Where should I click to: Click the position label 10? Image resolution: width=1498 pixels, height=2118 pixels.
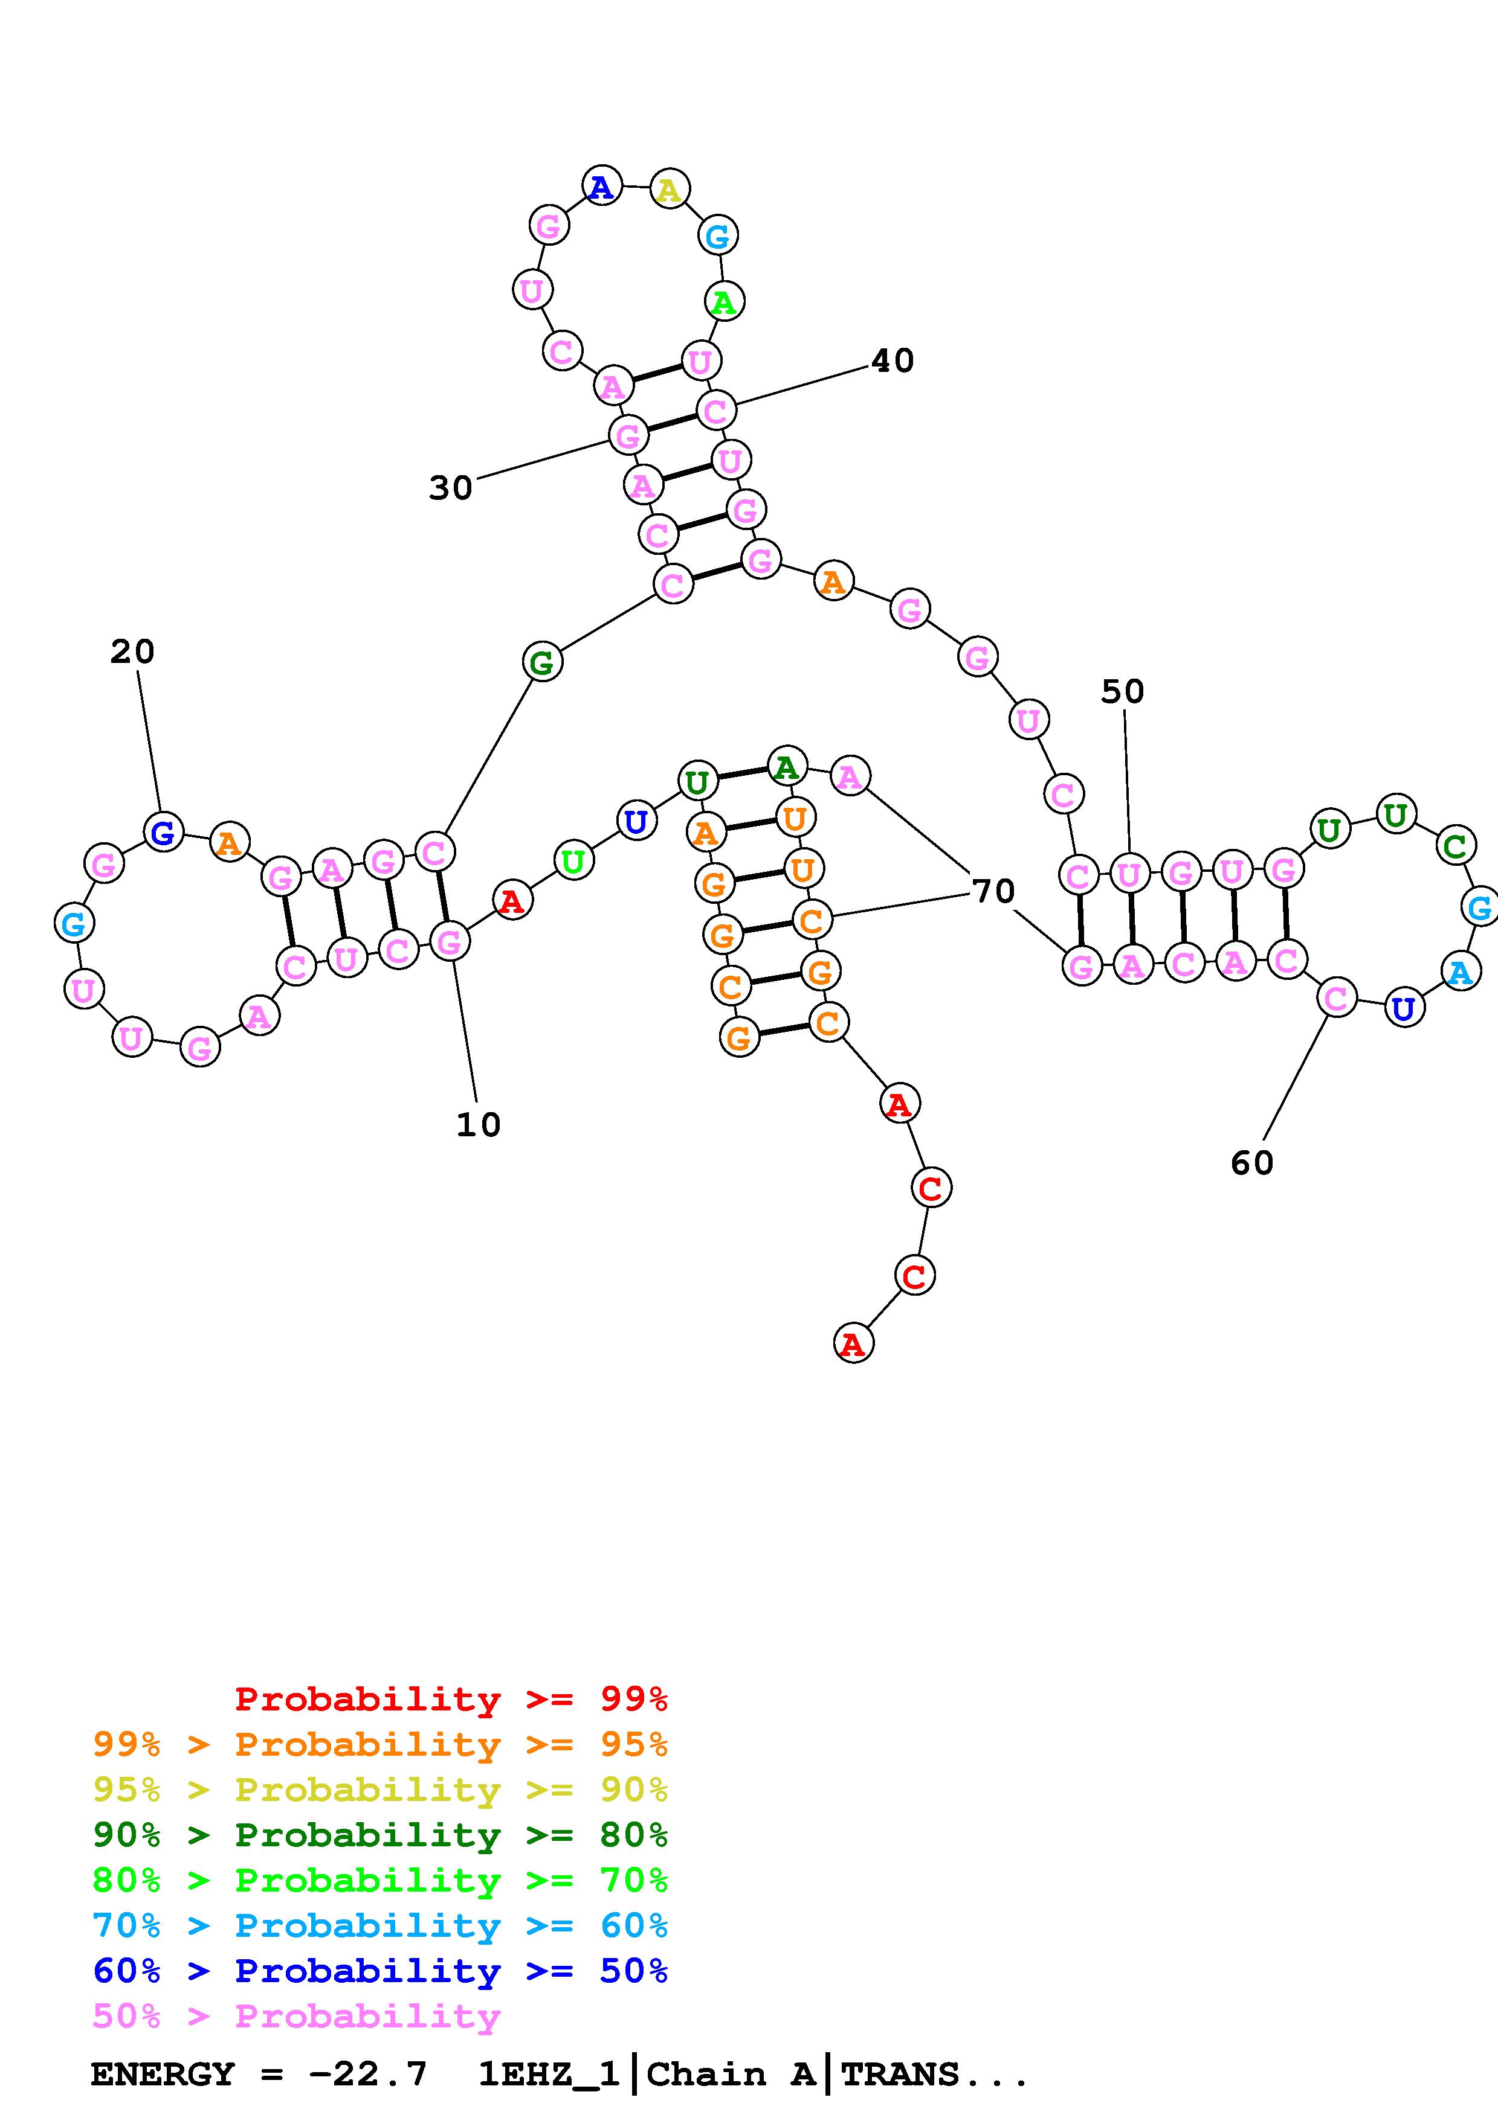(478, 1124)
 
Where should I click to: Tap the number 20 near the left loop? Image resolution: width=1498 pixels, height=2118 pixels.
(132, 652)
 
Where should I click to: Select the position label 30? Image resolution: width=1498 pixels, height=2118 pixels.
(450, 488)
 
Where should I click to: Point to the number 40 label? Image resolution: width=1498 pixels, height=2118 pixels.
(893, 360)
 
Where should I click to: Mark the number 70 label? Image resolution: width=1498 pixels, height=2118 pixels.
(993, 891)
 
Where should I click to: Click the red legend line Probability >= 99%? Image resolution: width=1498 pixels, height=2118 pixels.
(451, 1698)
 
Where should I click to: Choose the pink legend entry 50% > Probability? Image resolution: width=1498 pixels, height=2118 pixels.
(296, 2015)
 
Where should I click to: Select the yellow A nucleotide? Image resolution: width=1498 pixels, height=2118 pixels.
(669, 190)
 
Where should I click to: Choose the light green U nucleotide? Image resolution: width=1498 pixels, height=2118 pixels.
(573, 862)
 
